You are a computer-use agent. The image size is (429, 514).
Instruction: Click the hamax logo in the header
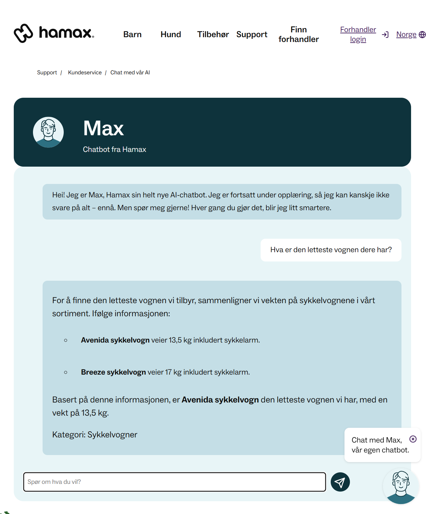pyautogui.click(x=54, y=33)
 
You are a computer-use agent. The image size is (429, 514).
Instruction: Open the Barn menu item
pyautogui.click(x=132, y=35)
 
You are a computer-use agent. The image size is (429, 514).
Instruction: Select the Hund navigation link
pyautogui.click(x=171, y=35)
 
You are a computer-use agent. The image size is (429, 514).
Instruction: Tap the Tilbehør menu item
pyautogui.click(x=213, y=35)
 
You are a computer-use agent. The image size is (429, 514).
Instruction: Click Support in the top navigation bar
pyautogui.click(x=252, y=35)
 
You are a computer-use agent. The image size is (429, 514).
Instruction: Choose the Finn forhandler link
pyautogui.click(x=298, y=35)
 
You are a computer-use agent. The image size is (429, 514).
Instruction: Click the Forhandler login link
pyautogui.click(x=358, y=35)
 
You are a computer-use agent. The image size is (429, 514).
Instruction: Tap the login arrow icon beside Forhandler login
pyautogui.click(x=385, y=35)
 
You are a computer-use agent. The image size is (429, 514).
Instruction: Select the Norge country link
pyautogui.click(x=406, y=35)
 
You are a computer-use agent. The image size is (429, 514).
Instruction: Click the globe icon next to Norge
pyautogui.click(x=422, y=35)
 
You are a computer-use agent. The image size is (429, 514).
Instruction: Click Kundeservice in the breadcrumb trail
pyautogui.click(x=85, y=73)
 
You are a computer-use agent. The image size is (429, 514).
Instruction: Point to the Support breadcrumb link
pyautogui.click(x=47, y=73)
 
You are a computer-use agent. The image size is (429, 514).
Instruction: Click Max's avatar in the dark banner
pyautogui.click(x=48, y=132)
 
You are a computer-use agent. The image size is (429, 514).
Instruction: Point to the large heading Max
pyautogui.click(x=103, y=128)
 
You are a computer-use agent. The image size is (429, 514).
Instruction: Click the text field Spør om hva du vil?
pyautogui.click(x=174, y=482)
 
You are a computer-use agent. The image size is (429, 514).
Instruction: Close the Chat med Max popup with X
pyautogui.click(x=413, y=439)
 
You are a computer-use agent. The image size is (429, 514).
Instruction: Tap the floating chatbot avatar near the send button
pyautogui.click(x=401, y=486)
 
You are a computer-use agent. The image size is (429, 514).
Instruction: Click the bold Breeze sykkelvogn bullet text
pyautogui.click(x=113, y=372)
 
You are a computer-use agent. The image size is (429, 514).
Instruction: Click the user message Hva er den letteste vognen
pyautogui.click(x=331, y=250)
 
